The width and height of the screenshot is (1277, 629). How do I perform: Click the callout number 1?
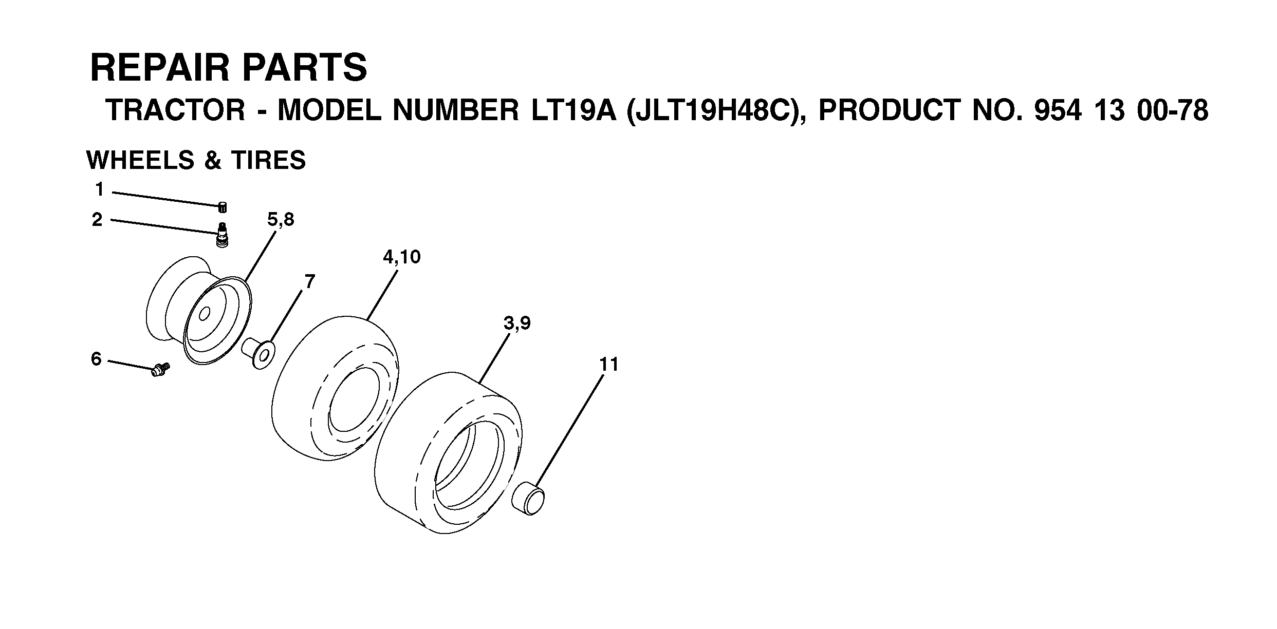click(100, 190)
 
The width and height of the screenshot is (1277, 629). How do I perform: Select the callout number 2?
click(97, 220)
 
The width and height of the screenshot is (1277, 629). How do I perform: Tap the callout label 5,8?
click(281, 220)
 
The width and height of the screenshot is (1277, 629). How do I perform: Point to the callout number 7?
click(310, 282)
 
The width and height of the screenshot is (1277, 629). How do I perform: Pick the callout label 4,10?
click(401, 257)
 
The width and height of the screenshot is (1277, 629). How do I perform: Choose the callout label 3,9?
click(517, 323)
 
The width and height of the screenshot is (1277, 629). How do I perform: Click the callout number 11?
click(609, 365)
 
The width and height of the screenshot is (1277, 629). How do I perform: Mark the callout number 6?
click(97, 359)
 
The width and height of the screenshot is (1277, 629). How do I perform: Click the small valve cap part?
click(223, 207)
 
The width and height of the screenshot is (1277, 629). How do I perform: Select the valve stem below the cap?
click(223, 236)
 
